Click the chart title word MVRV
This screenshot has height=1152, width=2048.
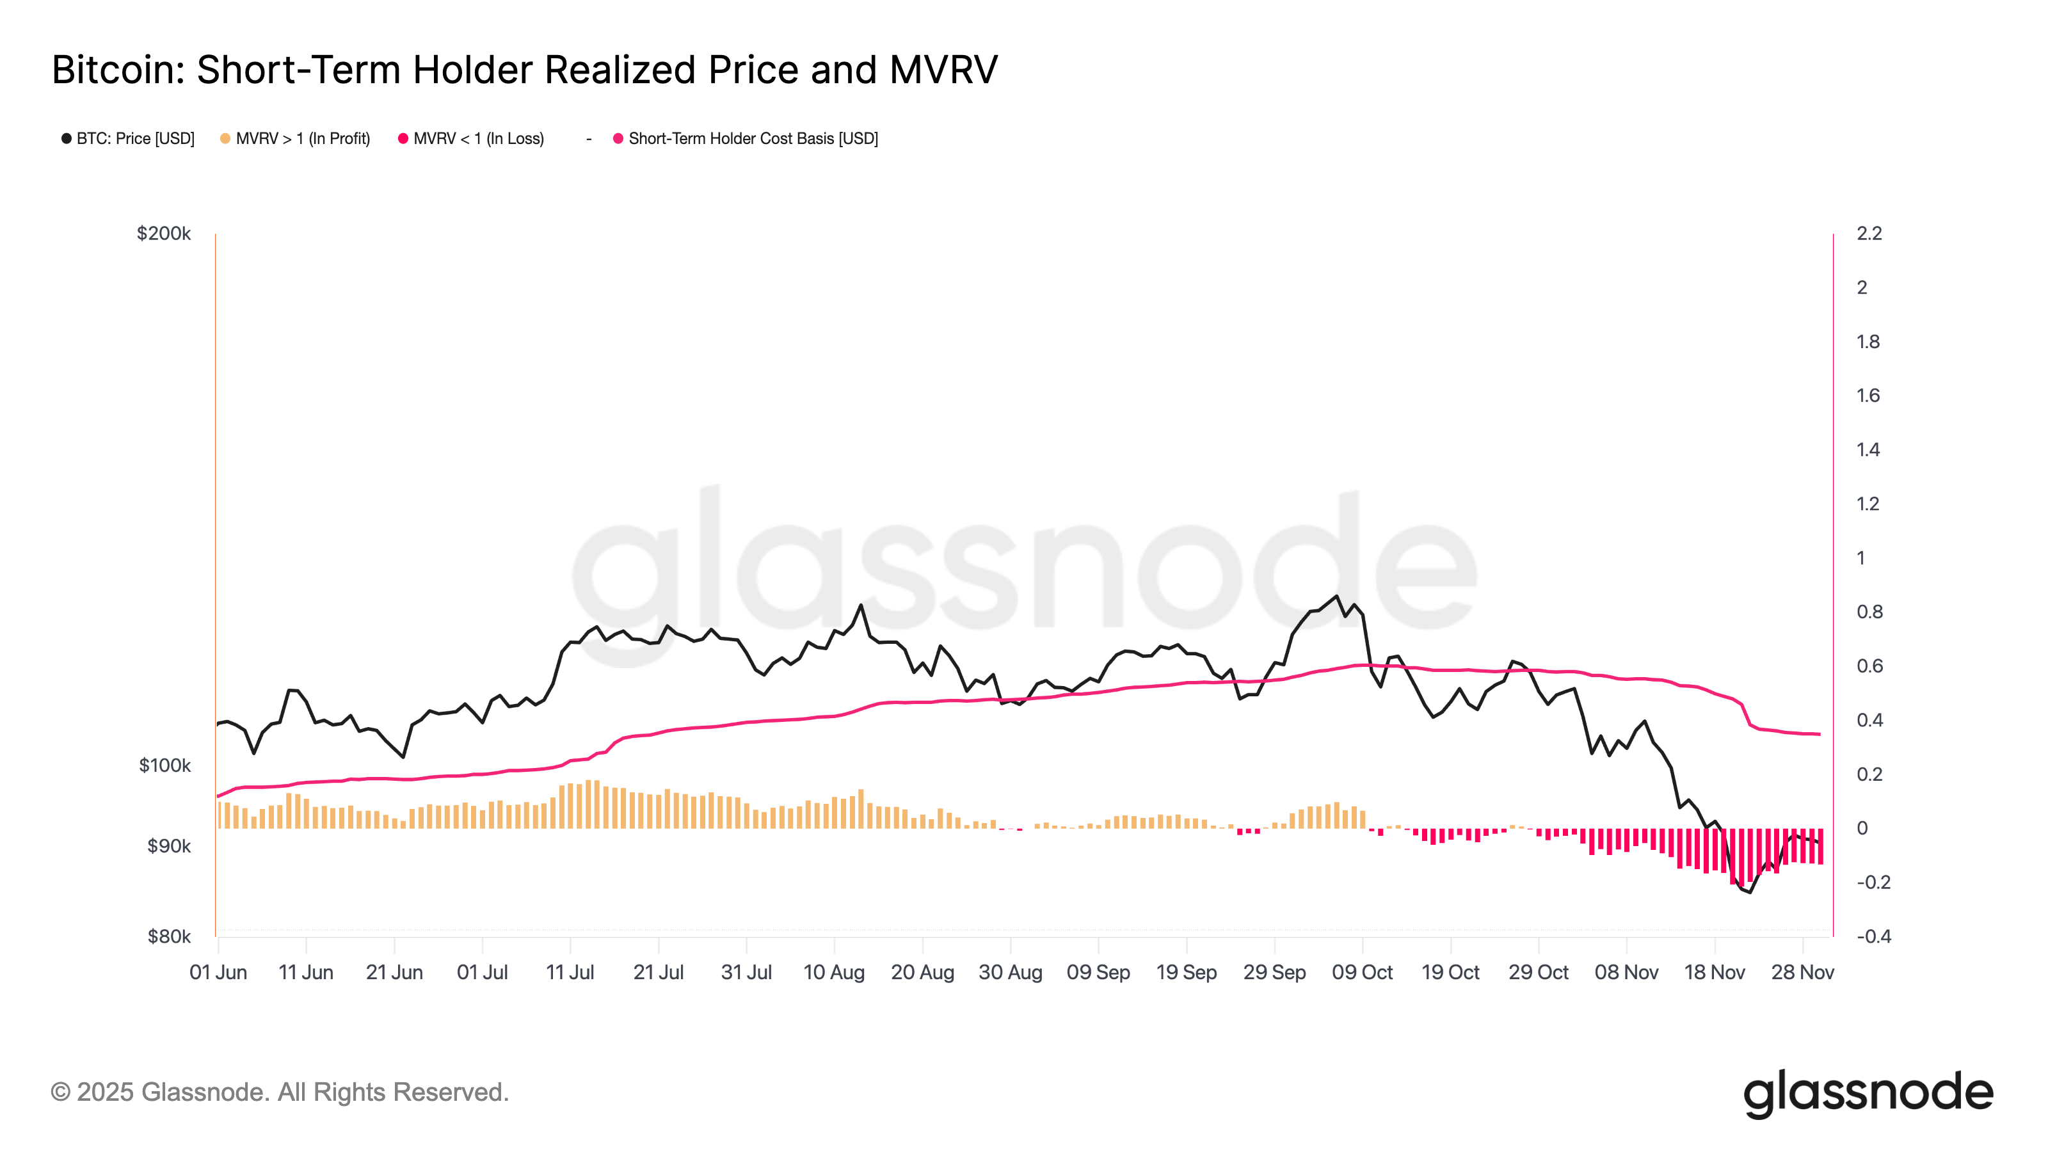pos(943,70)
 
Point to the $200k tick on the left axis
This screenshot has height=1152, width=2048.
pos(164,234)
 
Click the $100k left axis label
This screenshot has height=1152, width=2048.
pos(164,765)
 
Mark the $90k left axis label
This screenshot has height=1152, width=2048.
pos(168,846)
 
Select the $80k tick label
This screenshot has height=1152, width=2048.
pos(168,936)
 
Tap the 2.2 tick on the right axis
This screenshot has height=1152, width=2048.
pos(1869,234)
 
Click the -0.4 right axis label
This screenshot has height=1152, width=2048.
pos(1873,936)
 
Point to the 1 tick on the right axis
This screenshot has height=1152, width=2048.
pos(1860,558)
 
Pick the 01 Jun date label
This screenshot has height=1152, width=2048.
pos(218,972)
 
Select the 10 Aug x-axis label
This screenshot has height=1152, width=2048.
pos(834,972)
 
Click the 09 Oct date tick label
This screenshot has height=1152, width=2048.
pos(1362,972)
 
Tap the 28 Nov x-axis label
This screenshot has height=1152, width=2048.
pos(1802,972)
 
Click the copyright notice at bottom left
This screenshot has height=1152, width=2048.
pos(279,1092)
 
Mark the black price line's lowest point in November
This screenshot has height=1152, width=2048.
pos(1750,892)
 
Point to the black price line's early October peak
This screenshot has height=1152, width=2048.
pos(1336,596)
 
